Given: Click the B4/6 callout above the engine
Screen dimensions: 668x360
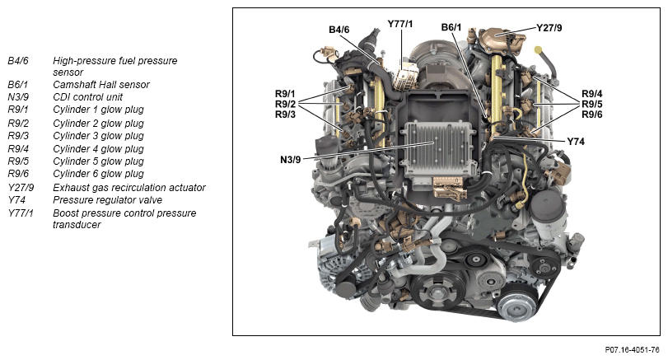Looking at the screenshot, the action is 339,30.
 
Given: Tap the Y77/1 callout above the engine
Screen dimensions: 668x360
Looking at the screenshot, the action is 400,24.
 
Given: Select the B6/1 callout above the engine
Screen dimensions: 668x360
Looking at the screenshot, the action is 451,27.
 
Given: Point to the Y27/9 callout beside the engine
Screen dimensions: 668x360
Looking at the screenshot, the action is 549,28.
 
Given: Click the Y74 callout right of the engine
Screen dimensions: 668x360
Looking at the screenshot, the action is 576,142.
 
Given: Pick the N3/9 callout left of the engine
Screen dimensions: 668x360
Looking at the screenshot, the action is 291,160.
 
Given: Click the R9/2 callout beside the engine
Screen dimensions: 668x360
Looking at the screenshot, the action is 285,104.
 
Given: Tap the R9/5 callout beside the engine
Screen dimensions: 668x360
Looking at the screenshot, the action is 592,104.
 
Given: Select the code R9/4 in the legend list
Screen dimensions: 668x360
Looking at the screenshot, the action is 18,149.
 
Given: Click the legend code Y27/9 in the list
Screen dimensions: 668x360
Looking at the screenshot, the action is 21,188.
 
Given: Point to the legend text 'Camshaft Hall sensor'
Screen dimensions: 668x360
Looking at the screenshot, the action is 101,85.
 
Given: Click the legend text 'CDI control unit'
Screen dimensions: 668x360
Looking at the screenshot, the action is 88,97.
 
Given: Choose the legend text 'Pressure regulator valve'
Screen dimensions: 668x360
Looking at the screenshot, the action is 107,200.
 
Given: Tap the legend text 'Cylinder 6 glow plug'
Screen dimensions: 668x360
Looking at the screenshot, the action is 98,174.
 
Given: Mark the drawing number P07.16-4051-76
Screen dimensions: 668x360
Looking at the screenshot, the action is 633,350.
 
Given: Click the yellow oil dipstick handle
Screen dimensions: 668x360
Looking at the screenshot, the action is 539,50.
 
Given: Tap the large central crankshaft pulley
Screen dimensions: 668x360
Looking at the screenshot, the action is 437,291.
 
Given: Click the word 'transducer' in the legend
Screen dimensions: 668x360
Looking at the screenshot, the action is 77,225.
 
